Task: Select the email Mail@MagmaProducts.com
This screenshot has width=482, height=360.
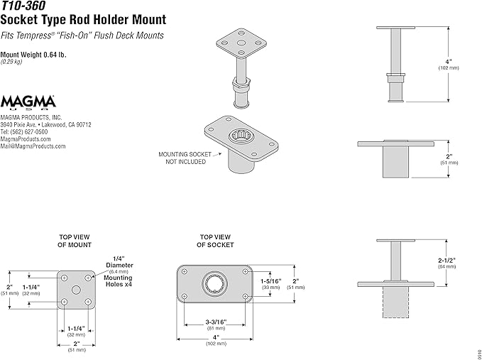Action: pos(33,146)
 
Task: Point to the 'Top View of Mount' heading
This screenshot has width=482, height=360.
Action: pos(74,241)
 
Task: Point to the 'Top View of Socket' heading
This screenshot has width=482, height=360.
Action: pos(214,241)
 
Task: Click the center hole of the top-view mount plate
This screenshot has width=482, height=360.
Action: pos(75,289)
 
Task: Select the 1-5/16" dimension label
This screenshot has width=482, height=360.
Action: pos(270,281)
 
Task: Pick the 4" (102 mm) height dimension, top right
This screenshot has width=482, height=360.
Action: pos(447,64)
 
